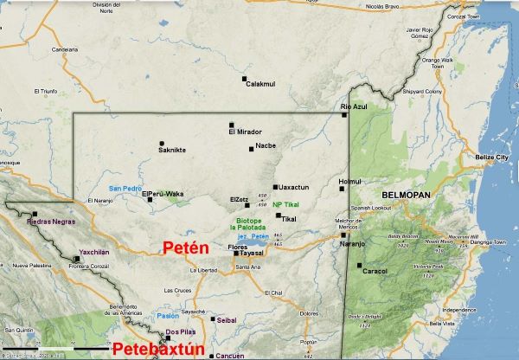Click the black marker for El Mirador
pyautogui.click(x=231, y=124)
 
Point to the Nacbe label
pyautogui.click(x=266, y=146)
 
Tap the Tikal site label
pyautogui.click(x=289, y=220)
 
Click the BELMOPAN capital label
pyautogui.click(x=400, y=196)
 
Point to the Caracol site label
pyautogui.click(x=375, y=271)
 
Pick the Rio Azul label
pyautogui.click(x=354, y=106)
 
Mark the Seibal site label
pyautogui.click(x=226, y=319)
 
